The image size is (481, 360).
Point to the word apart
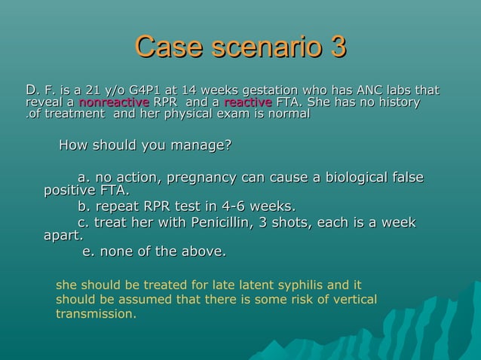click(63, 236)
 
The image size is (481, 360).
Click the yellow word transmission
click(96, 313)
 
